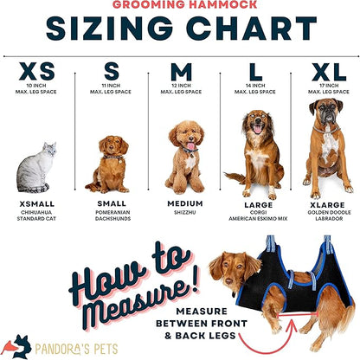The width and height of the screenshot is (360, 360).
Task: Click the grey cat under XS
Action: (x=35, y=169)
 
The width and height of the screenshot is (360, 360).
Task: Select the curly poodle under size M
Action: (x=185, y=157)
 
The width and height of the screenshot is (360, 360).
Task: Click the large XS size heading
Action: (x=36, y=71)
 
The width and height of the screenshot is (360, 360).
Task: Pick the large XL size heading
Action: (x=329, y=72)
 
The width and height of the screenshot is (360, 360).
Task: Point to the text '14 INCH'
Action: (x=255, y=86)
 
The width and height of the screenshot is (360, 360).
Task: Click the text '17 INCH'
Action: (x=329, y=86)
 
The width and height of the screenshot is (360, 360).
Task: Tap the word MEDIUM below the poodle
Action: (x=185, y=203)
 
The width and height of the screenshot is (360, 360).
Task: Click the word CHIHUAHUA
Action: (x=36, y=212)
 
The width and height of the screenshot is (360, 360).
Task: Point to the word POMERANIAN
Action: (x=112, y=212)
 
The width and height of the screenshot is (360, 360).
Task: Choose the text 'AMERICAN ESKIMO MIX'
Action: (x=258, y=219)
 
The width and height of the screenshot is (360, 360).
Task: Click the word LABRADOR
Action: (x=329, y=219)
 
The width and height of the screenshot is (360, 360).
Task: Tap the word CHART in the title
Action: (x=251, y=29)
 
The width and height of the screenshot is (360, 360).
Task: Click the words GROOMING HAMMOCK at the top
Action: (x=184, y=4)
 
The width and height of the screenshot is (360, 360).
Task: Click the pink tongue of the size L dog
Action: (x=257, y=129)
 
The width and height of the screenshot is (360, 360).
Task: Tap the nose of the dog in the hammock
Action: (x=228, y=280)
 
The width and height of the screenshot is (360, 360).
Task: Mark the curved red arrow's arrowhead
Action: (x=293, y=324)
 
